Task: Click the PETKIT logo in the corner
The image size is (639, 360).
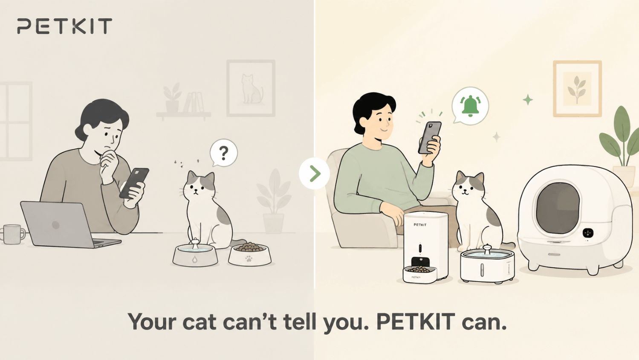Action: point(64,26)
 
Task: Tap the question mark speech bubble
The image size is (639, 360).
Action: point(224,153)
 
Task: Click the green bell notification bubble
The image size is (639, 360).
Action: point(470,106)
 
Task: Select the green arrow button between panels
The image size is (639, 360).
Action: point(314,173)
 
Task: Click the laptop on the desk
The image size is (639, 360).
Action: point(66,224)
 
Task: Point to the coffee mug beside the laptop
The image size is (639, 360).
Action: point(12,234)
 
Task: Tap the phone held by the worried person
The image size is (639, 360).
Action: point(134,183)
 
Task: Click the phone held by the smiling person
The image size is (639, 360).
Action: point(430,138)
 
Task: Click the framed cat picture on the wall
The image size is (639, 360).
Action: point(251,88)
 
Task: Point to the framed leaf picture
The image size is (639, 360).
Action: point(577,88)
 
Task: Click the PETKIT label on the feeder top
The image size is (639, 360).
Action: point(420,225)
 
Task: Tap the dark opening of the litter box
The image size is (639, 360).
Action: point(558,207)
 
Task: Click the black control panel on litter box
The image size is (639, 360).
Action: point(588,232)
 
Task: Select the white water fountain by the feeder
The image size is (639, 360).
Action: point(488,264)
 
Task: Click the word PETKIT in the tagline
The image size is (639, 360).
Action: point(415,322)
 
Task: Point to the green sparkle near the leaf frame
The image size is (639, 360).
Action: point(528,100)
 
